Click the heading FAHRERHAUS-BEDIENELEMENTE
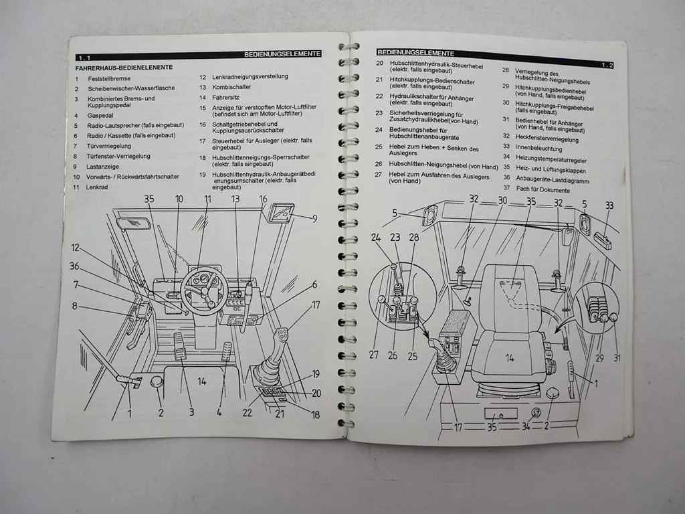tap(124, 68)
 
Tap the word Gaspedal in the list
tap(101, 115)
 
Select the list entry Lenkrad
tap(97, 187)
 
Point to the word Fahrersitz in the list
tap(227, 97)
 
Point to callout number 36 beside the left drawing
tap(74, 266)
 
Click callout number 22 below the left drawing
tap(247, 413)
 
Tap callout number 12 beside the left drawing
tap(75, 248)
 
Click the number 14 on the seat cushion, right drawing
tap(510, 357)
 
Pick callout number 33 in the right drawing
tap(609, 206)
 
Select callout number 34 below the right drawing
tap(526, 426)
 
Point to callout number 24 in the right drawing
tap(376, 237)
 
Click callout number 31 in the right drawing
tap(616, 358)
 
